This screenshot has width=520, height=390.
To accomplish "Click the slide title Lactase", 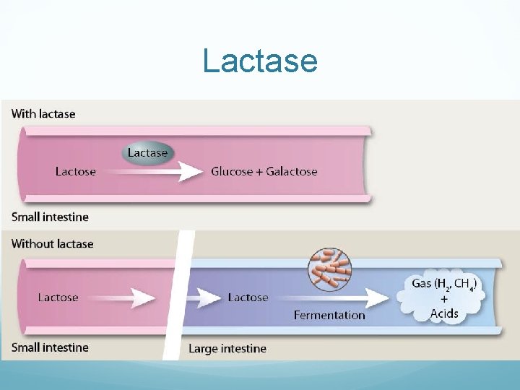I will click(x=260, y=61).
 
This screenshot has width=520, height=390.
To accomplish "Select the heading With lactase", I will click(x=43, y=113).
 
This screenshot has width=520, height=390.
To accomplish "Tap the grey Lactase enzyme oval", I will click(x=147, y=152).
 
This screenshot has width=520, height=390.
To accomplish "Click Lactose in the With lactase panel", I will click(x=75, y=171).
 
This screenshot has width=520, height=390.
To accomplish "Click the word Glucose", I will click(x=232, y=171).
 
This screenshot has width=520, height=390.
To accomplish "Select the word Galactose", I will click(x=291, y=171).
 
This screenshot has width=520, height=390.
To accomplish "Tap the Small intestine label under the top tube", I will click(x=50, y=217).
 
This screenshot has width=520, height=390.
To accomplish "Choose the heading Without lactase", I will click(x=53, y=243).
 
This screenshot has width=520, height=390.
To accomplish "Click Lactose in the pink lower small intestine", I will click(x=58, y=297).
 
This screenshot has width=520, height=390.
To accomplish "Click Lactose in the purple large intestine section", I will click(x=248, y=297).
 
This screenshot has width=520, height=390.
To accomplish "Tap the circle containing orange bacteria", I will click(x=329, y=269).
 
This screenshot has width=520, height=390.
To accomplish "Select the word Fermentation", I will click(x=329, y=315).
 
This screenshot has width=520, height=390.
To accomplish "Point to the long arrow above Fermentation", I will click(x=332, y=298).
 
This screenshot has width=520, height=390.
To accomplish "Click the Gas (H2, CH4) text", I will click(x=443, y=284).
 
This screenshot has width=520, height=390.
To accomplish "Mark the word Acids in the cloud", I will click(x=444, y=313).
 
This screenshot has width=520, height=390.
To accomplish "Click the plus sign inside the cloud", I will click(x=443, y=299).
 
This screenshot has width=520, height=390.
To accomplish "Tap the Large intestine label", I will click(x=227, y=349).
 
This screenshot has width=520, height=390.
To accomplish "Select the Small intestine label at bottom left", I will click(x=50, y=347).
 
